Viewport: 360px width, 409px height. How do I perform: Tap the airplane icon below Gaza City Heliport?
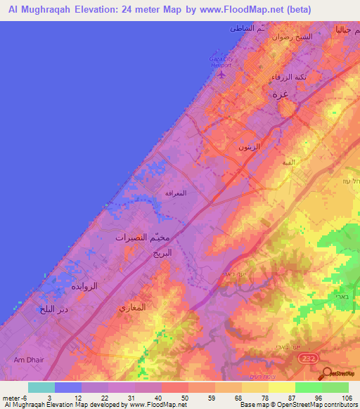pyautogui.click(x=223, y=73)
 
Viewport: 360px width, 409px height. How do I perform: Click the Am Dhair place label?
pyautogui.click(x=25, y=359)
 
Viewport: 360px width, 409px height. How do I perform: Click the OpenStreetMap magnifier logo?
pyautogui.click(x=328, y=374)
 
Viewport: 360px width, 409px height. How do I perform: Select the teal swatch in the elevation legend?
pyautogui.click(x=41, y=387)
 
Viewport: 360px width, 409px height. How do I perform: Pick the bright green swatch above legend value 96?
pyautogui.click(x=308, y=387)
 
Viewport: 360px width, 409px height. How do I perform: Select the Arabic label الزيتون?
pyautogui.click(x=254, y=147)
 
